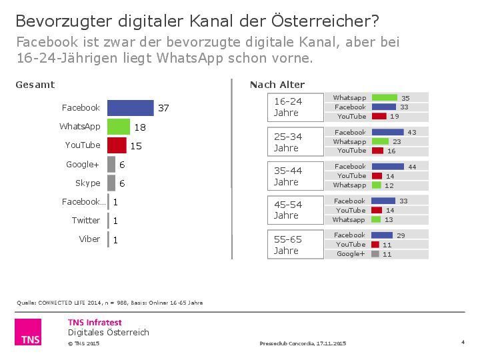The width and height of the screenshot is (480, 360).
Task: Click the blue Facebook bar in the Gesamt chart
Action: click(x=131, y=108)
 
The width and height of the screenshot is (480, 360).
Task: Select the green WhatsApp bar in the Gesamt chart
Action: click(x=119, y=127)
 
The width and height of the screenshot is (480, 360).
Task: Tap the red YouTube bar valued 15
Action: click(x=117, y=145)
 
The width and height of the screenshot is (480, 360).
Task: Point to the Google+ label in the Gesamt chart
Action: click(x=83, y=164)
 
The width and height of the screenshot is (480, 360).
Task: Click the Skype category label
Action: click(x=87, y=183)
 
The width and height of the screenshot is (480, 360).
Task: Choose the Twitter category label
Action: click(x=86, y=220)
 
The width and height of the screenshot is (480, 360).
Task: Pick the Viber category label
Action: click(x=89, y=239)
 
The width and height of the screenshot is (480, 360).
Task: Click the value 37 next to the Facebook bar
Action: click(x=163, y=108)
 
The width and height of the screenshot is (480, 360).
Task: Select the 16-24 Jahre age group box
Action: click(x=295, y=107)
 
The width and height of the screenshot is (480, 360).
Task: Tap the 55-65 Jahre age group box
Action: click(x=295, y=244)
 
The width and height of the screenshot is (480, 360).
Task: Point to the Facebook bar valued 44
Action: click(x=387, y=167)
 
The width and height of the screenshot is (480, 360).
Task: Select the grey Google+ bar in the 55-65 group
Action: click(x=375, y=254)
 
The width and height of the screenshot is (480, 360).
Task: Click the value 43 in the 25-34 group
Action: click(x=412, y=133)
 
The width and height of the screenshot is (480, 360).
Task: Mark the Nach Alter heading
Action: click(x=277, y=85)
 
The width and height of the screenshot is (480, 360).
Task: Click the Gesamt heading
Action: click(x=35, y=85)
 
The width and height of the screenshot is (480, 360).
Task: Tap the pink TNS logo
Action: click(x=28, y=332)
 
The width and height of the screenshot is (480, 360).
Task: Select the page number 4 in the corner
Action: click(x=462, y=342)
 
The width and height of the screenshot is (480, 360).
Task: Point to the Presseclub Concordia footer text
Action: click(x=303, y=343)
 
